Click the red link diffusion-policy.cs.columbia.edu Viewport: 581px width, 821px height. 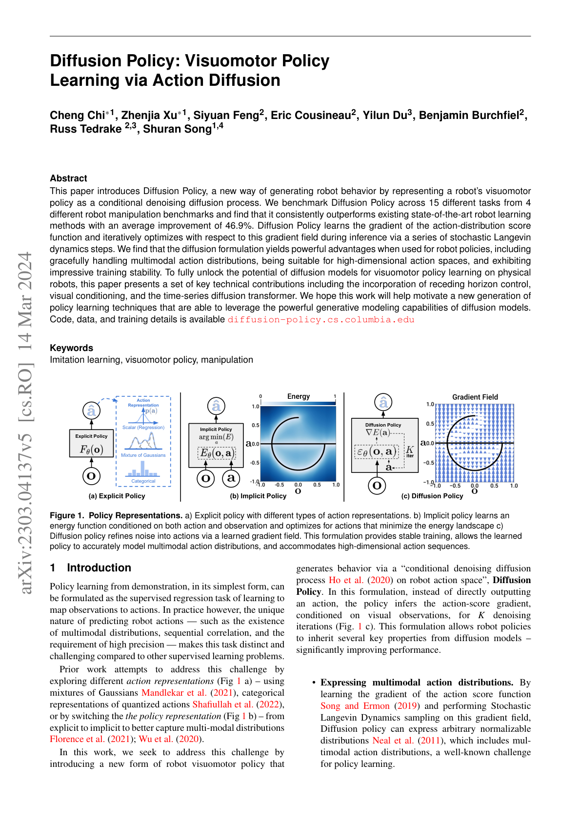[321, 320]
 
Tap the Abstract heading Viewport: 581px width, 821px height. [68, 178]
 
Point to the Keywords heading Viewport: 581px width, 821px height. [71, 348]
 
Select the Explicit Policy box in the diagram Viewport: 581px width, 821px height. [91, 443]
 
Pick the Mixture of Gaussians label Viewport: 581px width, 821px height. [143, 455]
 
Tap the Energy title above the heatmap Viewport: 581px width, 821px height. [299, 396]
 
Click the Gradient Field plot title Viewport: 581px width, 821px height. [475, 397]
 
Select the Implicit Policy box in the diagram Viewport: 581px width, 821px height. [216, 445]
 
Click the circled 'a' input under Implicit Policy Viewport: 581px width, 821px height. [231, 478]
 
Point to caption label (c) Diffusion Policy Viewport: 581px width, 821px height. [432, 496]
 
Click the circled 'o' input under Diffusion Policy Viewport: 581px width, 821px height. [377, 485]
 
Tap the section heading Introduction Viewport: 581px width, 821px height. [99, 568]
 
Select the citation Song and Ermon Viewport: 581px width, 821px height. [355, 706]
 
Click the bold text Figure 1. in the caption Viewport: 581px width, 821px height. [67, 516]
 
